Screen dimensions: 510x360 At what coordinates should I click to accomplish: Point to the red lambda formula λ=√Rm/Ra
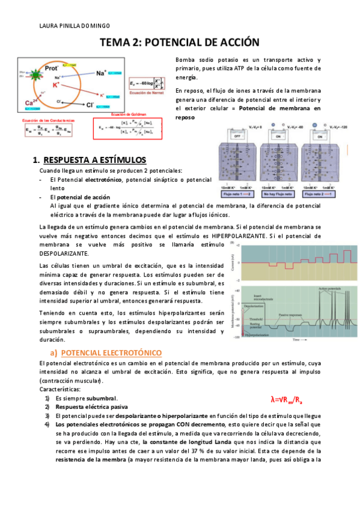pyautogui.click(x=282, y=399)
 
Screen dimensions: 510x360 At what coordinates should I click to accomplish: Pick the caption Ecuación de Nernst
pyautogui.click(x=147, y=94)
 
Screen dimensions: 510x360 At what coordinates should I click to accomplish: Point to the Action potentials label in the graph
pyautogui.click(x=332, y=289)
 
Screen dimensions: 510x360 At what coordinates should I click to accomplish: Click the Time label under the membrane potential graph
pyautogui.click(x=296, y=340)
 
